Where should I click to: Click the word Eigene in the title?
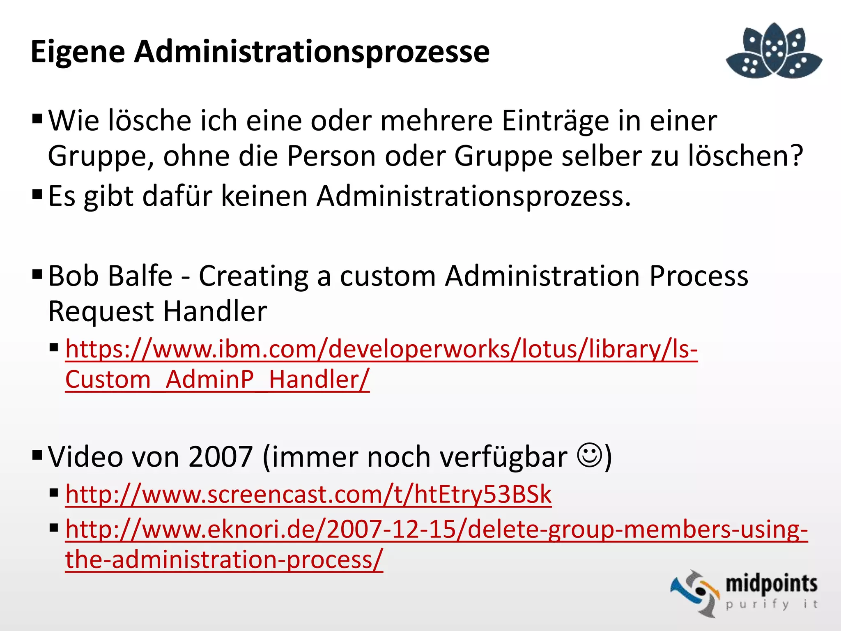point(78,52)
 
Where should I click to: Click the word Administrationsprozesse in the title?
point(312,52)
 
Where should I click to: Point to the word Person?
point(331,156)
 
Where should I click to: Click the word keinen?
point(264,196)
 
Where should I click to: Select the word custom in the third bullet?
point(388,276)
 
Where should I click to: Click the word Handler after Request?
point(215,311)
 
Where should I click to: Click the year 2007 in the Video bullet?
point(221,457)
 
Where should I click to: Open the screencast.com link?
point(308,494)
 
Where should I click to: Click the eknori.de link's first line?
point(436,529)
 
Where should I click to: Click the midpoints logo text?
point(771,584)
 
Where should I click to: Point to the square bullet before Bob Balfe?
point(37,274)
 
